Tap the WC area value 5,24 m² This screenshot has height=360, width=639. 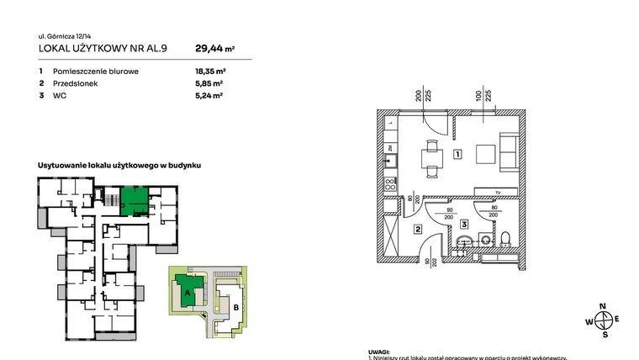[x=208, y=97]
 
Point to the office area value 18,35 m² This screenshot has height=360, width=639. [x=209, y=72]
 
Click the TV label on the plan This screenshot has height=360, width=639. [x=497, y=193]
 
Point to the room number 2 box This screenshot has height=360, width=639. [x=417, y=228]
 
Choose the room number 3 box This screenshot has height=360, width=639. [x=463, y=224]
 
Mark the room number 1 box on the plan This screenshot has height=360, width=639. [x=457, y=154]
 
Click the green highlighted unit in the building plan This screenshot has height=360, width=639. [x=135, y=201]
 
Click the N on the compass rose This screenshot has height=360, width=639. [x=602, y=307]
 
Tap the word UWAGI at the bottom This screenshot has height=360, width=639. [x=379, y=352]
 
